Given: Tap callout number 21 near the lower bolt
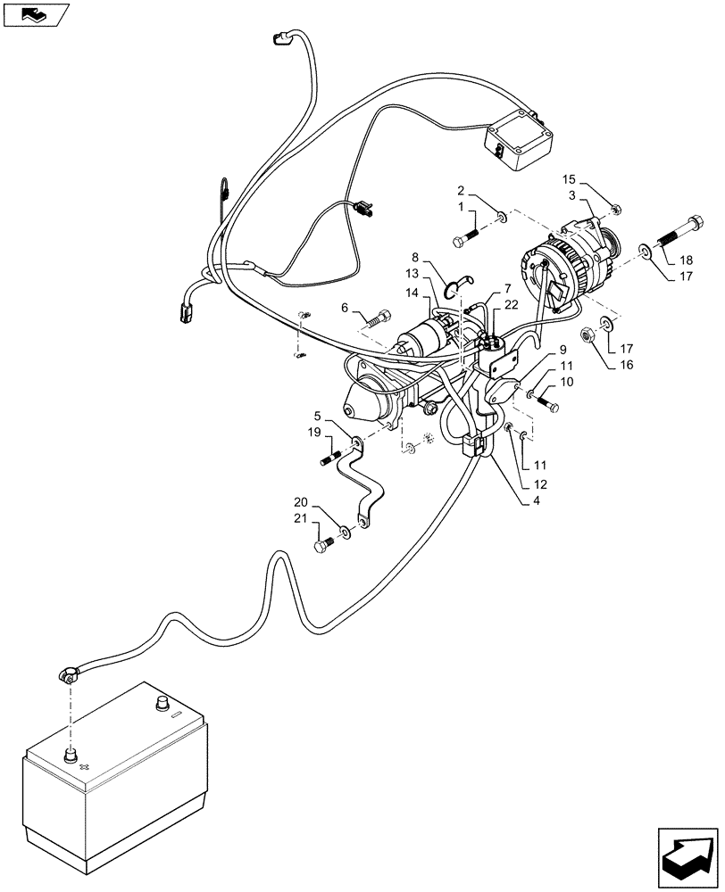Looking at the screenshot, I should point(302,519).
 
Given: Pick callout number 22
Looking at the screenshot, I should point(510,303).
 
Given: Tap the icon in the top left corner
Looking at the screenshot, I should point(35,14).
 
